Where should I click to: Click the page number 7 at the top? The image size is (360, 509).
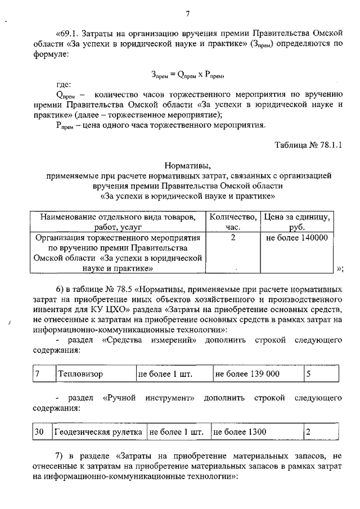click(188, 14)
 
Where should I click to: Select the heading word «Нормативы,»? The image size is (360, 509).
click(188, 166)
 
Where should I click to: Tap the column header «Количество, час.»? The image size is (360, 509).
click(233, 222)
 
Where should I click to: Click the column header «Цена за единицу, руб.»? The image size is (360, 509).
click(298, 222)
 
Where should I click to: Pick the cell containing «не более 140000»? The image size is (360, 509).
click(296, 238)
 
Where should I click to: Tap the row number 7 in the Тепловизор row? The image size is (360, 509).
click(37, 373)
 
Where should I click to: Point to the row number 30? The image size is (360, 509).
click(39, 432)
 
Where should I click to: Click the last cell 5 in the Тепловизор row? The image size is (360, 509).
click(308, 373)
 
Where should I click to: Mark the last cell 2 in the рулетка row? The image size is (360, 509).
click(308, 432)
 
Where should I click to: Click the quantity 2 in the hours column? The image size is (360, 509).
click(232, 238)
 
